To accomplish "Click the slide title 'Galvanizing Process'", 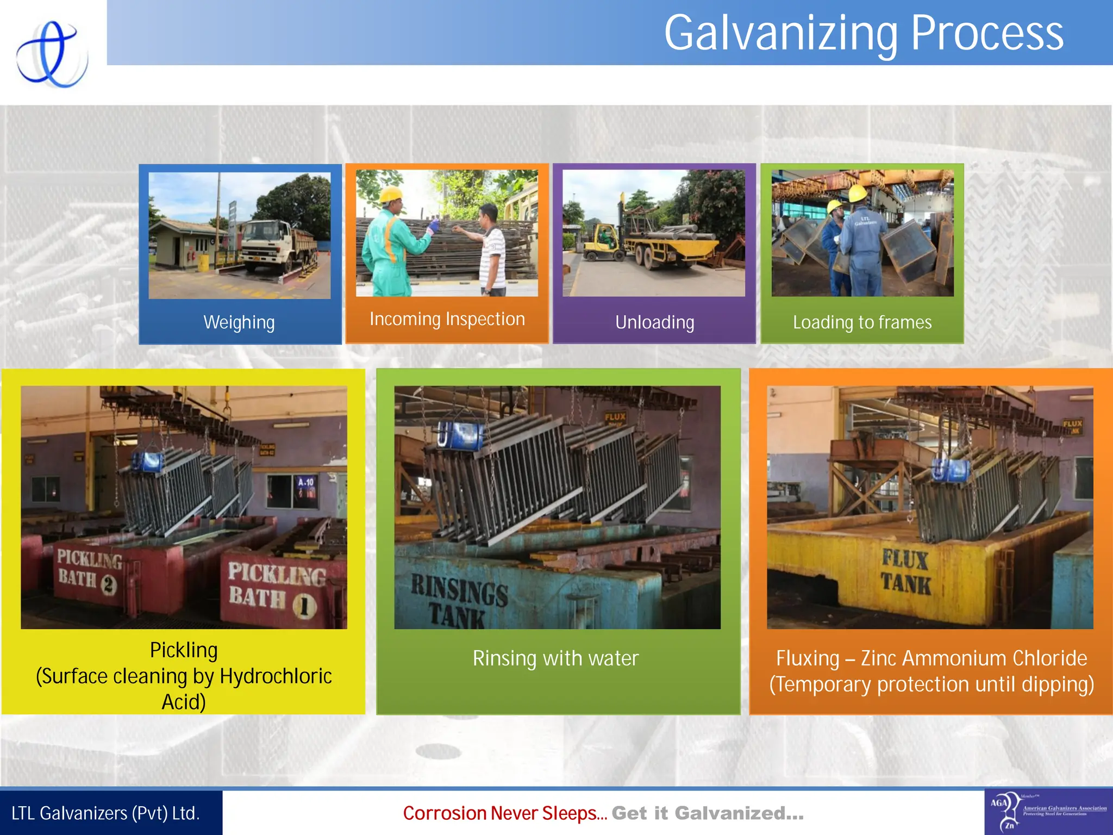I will (863, 34).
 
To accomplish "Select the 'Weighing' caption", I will (239, 322).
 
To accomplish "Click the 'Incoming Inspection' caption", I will (447, 319).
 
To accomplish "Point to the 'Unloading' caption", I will (654, 322).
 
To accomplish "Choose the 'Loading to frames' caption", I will (862, 322).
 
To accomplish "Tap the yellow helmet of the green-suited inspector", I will (390, 194).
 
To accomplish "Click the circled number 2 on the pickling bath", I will (109, 585).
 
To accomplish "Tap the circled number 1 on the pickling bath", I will (304, 605).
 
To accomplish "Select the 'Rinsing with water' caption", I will (555, 658).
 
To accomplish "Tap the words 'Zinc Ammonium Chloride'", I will (973, 658).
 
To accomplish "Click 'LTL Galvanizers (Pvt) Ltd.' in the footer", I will (106, 813).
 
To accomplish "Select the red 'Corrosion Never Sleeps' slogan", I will (504, 813).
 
